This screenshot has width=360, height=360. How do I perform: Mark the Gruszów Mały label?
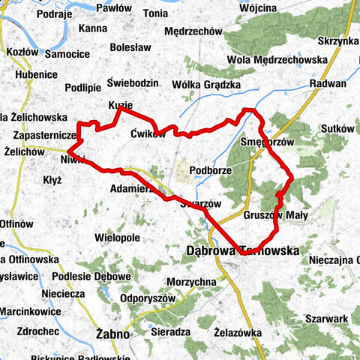point(276,215)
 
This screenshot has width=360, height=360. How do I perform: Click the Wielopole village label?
point(118,238)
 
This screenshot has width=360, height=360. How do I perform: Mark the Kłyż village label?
point(52,180)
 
